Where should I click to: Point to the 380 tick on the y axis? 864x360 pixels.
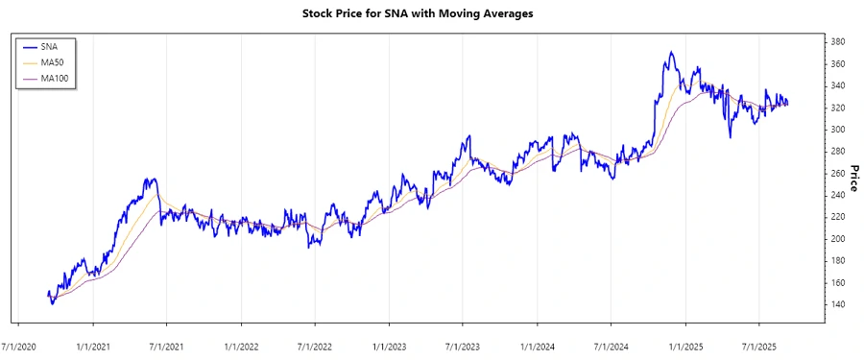837,42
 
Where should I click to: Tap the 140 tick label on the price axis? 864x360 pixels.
837,305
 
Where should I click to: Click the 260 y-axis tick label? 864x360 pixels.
837,174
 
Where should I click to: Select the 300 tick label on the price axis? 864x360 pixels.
837,130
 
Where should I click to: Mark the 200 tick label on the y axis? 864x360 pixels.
837,239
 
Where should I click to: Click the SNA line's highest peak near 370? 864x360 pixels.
671,52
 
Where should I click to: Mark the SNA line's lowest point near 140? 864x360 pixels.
52,303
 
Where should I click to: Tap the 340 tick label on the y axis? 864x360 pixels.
837,85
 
